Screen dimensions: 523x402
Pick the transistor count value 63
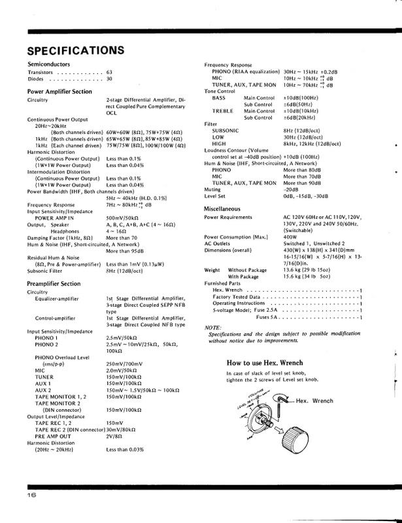tap(109, 73)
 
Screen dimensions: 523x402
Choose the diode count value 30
tap(109, 80)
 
